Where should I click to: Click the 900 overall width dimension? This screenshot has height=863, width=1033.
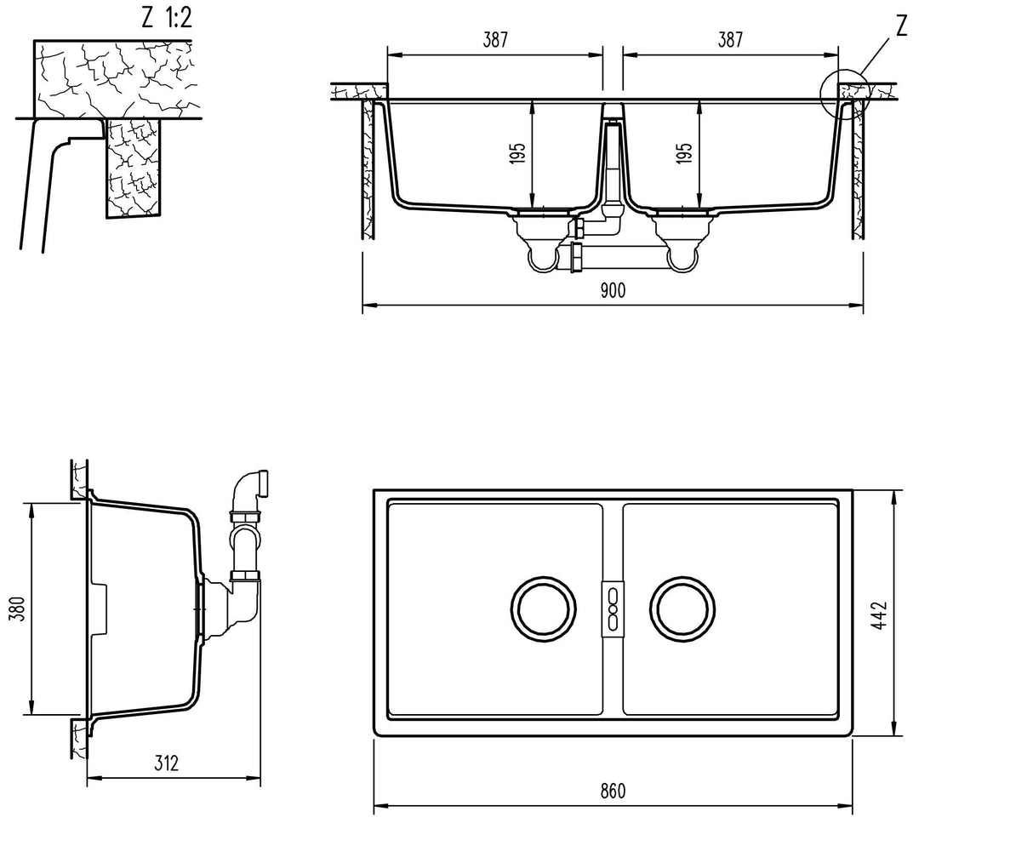pos(612,291)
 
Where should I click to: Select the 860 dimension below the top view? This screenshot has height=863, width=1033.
pos(612,791)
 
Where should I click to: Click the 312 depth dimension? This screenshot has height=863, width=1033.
pos(167,763)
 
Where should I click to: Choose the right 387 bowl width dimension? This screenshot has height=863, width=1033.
pos(729,39)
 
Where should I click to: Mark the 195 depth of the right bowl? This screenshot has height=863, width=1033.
pos(686,153)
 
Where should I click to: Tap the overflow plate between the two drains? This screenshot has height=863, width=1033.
pos(612,609)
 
